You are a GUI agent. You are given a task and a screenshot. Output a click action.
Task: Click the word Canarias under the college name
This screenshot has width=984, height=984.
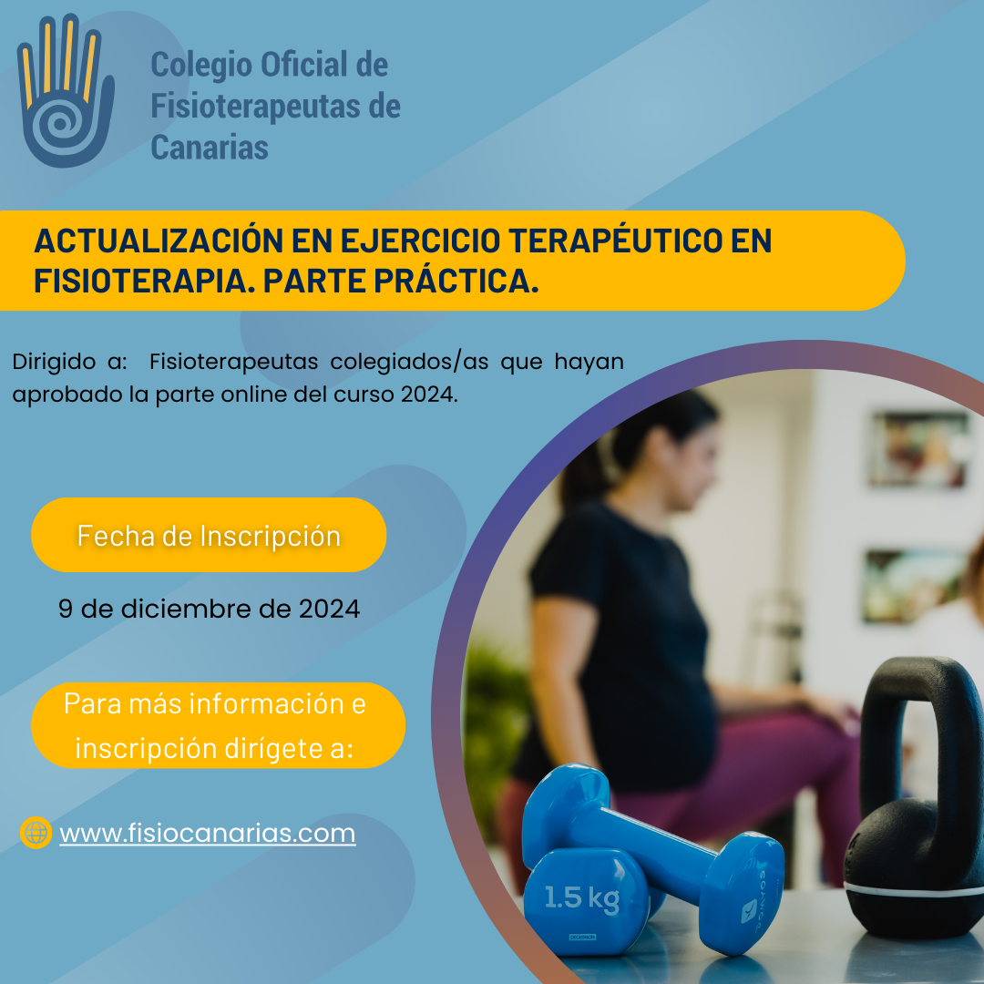point(210,148)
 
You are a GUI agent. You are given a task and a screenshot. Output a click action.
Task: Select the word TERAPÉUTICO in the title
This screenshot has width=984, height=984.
point(615,240)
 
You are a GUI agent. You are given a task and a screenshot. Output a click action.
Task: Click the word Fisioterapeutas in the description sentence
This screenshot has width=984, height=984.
point(234,362)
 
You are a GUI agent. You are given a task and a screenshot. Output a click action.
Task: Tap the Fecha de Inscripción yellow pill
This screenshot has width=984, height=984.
point(209,535)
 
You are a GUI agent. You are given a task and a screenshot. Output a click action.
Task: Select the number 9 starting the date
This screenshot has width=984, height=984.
point(66,610)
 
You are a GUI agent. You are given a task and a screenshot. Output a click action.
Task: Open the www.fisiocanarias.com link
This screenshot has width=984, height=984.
point(208,834)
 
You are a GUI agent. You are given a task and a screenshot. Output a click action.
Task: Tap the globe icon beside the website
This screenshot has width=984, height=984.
point(36,833)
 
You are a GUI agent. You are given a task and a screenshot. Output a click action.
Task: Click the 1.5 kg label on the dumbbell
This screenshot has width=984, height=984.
point(581,898)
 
